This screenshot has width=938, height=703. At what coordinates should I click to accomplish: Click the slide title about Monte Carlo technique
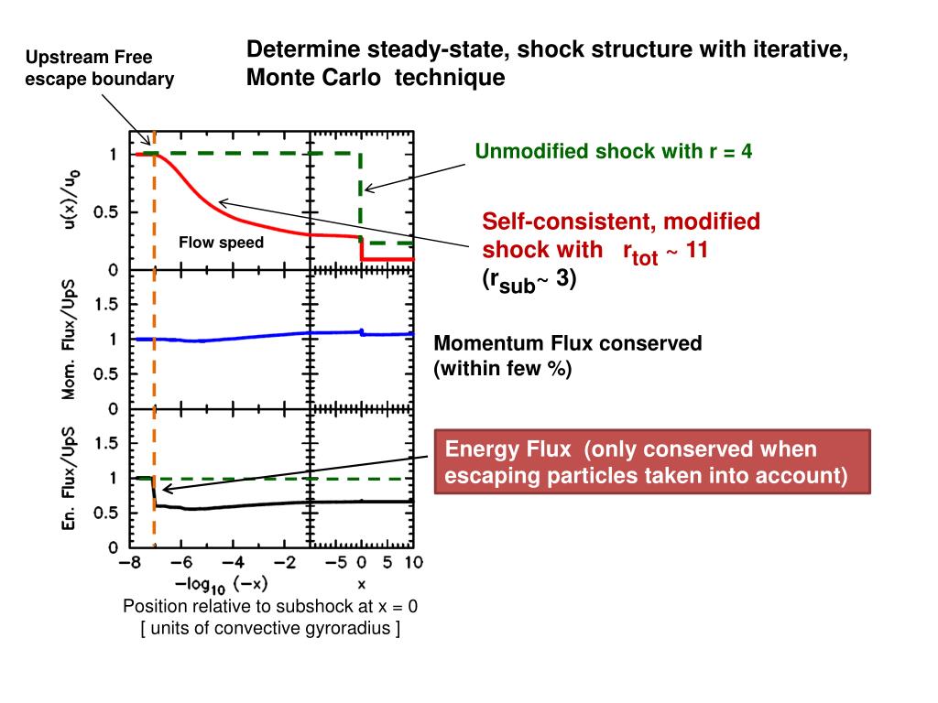point(547,63)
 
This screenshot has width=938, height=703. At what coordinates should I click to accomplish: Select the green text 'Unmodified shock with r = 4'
point(613,151)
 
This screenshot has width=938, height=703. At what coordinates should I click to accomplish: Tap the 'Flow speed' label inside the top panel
point(221,243)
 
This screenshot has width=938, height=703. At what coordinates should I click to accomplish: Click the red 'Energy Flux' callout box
point(651,462)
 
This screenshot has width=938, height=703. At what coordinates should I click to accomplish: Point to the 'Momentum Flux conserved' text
point(567,344)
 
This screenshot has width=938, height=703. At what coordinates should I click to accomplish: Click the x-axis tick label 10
point(412,561)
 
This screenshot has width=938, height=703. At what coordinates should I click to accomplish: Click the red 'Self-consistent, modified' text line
point(621,222)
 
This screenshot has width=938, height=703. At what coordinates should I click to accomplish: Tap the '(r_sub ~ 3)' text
point(529,282)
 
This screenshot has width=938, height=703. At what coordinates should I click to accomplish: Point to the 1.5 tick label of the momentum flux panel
point(109,306)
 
